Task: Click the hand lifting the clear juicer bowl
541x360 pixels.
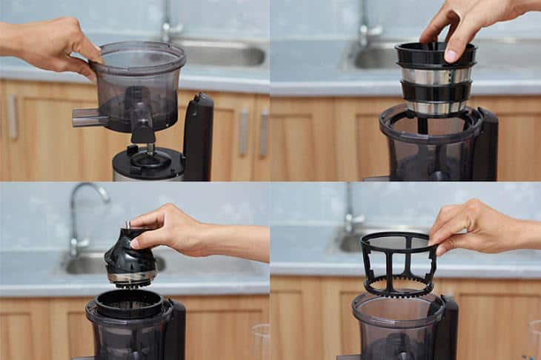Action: tap(52, 44)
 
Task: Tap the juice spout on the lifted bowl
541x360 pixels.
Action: tap(87, 117)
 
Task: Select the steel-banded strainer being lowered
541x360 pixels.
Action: tap(435, 81)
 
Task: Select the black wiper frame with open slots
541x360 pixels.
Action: tap(398, 263)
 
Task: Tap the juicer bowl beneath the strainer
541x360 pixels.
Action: tap(430, 148)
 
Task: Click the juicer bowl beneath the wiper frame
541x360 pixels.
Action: tap(396, 330)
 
